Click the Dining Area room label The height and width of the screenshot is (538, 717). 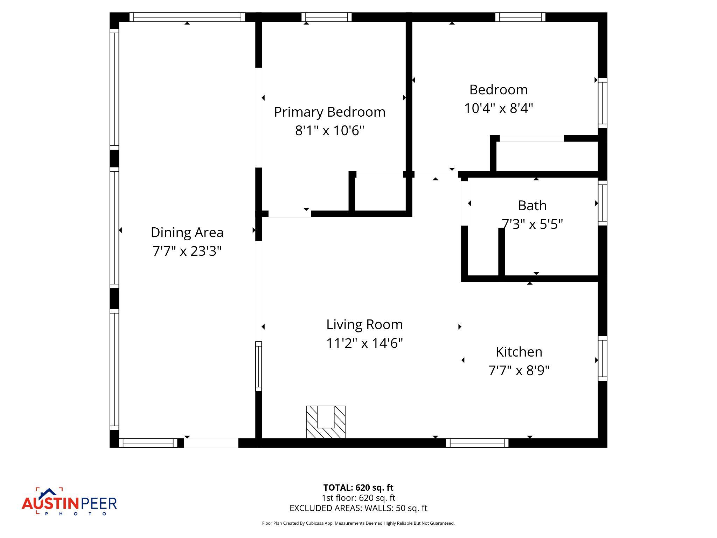pyautogui.click(x=187, y=233)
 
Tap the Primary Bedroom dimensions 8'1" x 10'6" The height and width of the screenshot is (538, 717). pyautogui.click(x=329, y=131)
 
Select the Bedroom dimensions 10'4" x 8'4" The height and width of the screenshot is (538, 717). pyautogui.click(x=498, y=108)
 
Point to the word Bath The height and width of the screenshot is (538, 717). pyautogui.click(x=532, y=206)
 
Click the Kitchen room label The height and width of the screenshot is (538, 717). pyautogui.click(x=519, y=352)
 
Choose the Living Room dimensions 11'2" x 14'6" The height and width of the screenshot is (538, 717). pyautogui.click(x=364, y=343)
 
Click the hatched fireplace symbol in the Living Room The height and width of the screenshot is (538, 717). pyautogui.click(x=326, y=422)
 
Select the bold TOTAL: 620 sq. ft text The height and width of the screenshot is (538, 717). pyautogui.click(x=358, y=488)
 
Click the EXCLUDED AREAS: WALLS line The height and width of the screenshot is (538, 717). pyautogui.click(x=358, y=508)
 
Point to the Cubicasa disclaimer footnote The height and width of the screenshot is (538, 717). pyautogui.click(x=358, y=523)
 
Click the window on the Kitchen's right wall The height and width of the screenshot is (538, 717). pyautogui.click(x=602, y=359)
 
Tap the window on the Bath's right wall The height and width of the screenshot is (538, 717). pyautogui.click(x=602, y=203)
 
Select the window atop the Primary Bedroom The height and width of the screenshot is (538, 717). pyautogui.click(x=326, y=17)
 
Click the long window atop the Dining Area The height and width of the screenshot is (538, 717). pyautogui.click(x=187, y=17)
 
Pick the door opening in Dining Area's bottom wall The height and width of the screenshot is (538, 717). pyautogui.click(x=211, y=443)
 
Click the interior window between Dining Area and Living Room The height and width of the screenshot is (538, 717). pyautogui.click(x=258, y=366)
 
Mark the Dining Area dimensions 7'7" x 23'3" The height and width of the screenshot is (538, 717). pyautogui.click(x=187, y=251)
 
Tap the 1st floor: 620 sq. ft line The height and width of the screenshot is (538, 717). pyautogui.click(x=358, y=498)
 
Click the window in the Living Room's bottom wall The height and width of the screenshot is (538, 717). pyautogui.click(x=477, y=443)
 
